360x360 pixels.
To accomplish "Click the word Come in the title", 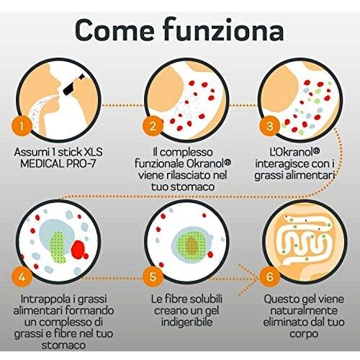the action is (114, 30).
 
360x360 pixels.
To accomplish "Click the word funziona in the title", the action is (224, 30).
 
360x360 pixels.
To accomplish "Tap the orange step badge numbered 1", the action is (22, 126).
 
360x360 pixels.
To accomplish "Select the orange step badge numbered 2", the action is (153, 126).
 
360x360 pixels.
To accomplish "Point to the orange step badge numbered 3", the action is (269, 126).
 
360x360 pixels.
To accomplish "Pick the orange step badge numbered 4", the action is (22, 276).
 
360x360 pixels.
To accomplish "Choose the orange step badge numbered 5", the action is (153, 276).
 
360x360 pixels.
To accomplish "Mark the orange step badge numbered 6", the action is (269, 276).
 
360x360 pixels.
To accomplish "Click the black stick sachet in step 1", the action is (73, 84).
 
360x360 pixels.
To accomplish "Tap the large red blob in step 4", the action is (79, 250).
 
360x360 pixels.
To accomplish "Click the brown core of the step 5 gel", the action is (192, 246).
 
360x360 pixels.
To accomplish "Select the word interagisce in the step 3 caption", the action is (282, 163).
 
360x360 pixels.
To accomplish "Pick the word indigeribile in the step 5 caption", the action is (186, 323).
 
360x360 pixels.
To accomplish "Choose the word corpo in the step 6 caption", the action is (304, 334).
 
